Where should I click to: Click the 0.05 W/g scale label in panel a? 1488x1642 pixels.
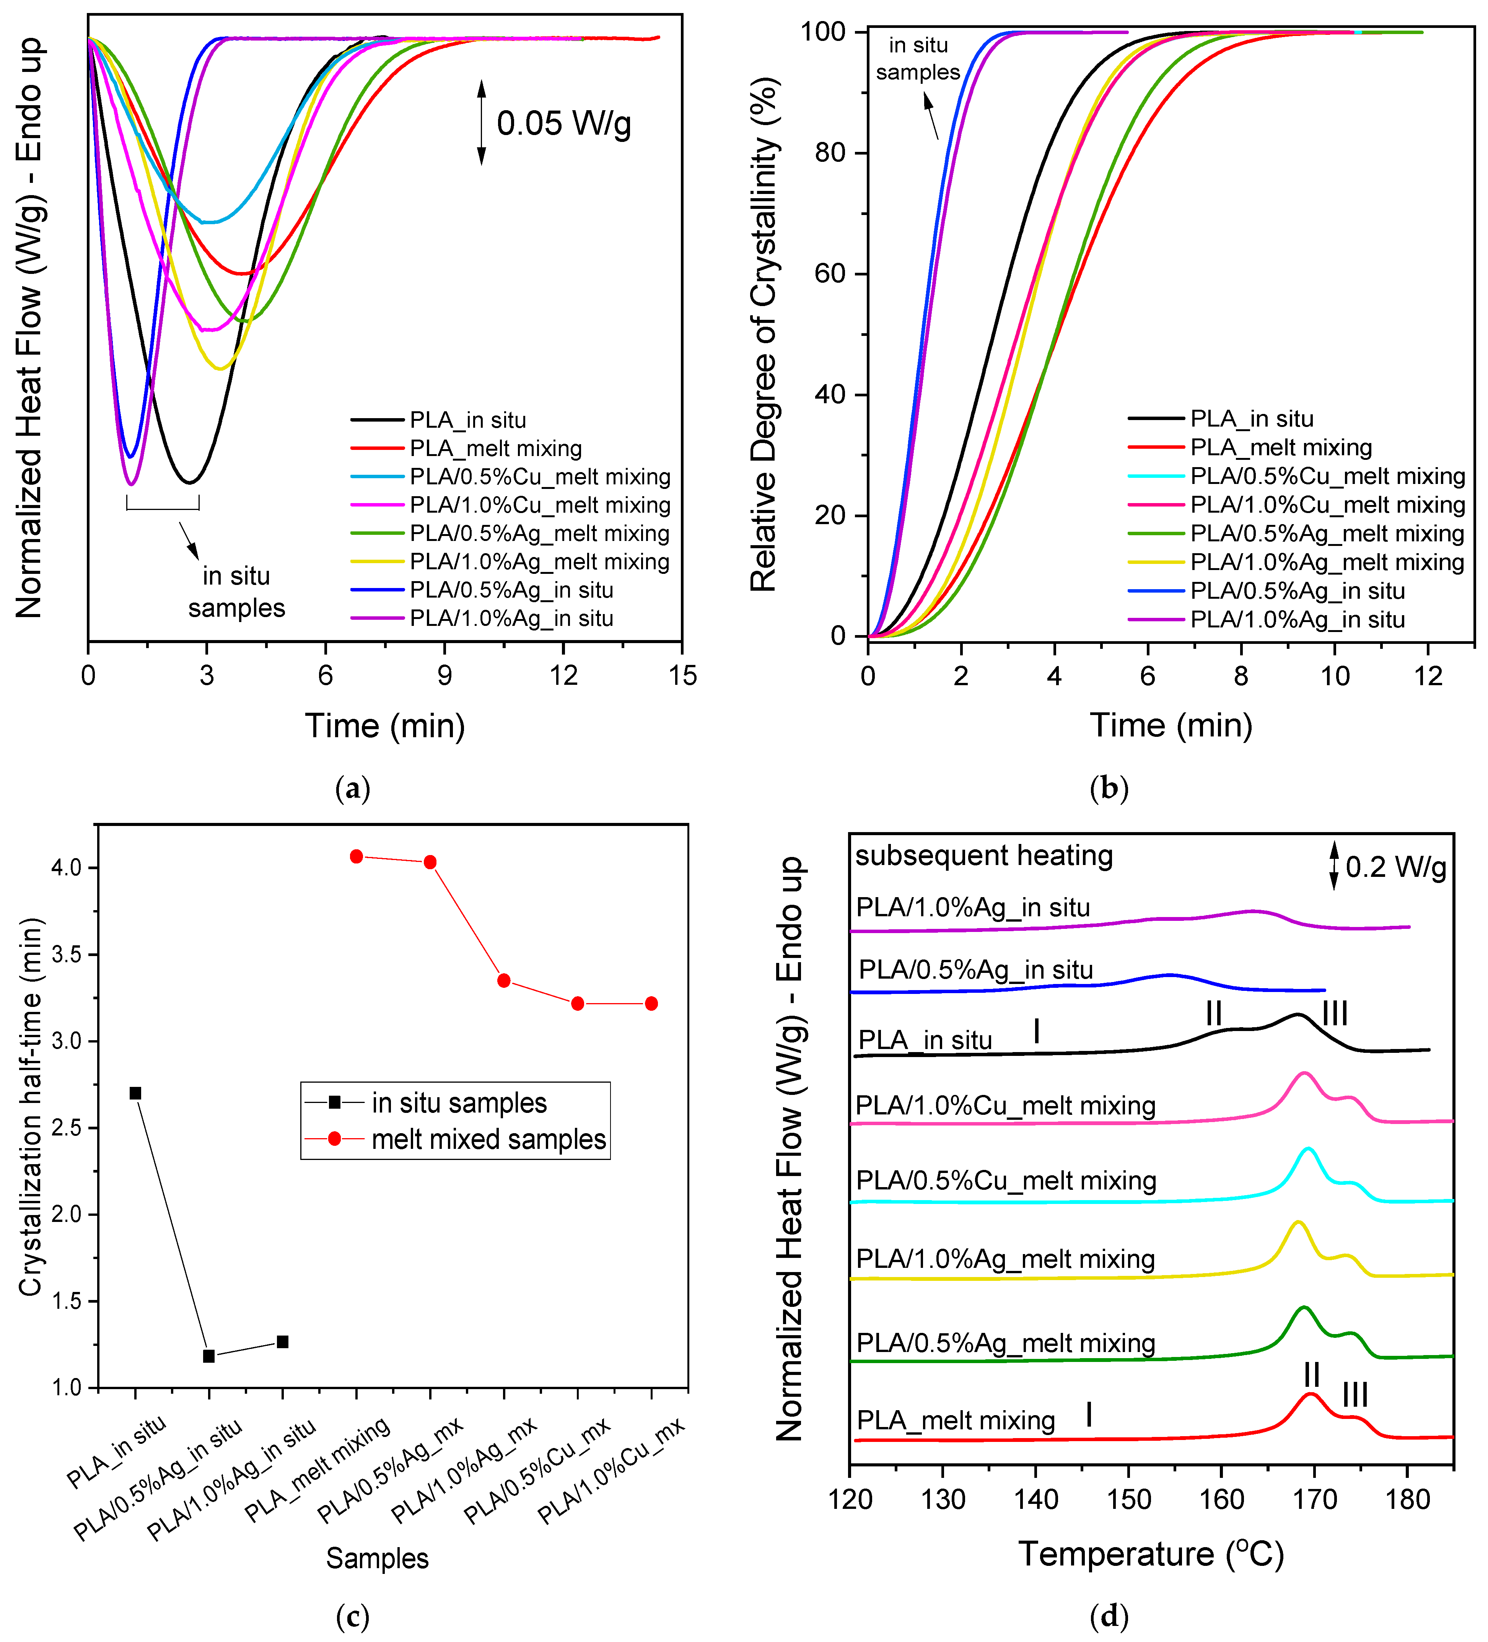[x=563, y=124]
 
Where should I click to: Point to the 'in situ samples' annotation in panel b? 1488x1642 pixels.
[x=918, y=59]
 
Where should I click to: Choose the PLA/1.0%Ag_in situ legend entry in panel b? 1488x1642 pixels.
[x=1297, y=619]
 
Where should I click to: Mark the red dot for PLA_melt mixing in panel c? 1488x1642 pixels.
[x=356, y=856]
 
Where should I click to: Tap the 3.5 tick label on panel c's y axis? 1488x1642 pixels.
[x=67, y=955]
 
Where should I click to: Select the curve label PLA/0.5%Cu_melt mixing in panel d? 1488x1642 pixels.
[x=1006, y=1180]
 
